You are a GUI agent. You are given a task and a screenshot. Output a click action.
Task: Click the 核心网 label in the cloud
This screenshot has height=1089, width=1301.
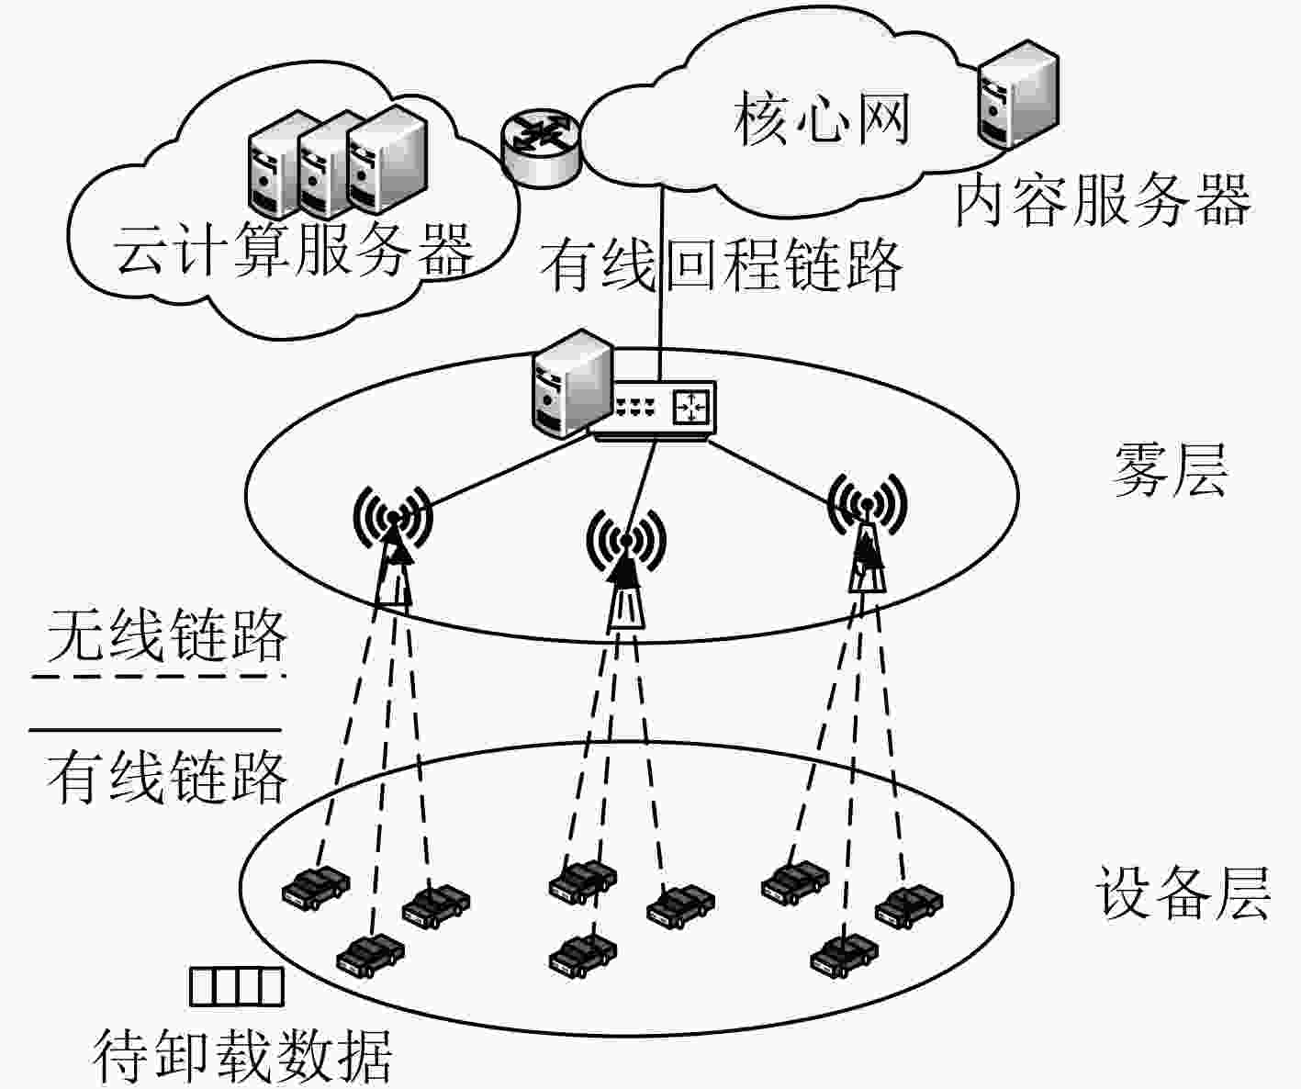[821, 119]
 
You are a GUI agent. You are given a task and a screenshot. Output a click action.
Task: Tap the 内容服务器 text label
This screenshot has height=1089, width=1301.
[1103, 201]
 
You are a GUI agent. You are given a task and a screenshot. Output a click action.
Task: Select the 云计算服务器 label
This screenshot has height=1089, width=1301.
[293, 250]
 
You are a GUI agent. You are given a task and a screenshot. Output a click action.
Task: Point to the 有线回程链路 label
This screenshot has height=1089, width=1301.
[722, 265]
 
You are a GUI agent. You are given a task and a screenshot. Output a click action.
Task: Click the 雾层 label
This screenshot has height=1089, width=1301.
[1170, 470]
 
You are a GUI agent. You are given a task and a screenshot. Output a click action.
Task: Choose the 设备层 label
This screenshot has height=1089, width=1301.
[1183, 893]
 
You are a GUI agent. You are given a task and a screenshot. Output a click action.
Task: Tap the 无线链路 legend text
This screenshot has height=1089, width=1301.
[167, 635]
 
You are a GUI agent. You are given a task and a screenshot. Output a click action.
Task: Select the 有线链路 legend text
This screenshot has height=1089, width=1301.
[167, 777]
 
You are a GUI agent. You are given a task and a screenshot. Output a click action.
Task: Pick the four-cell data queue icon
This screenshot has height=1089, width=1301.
[237, 987]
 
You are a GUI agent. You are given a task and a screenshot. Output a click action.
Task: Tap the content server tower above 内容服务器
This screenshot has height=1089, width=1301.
[1018, 94]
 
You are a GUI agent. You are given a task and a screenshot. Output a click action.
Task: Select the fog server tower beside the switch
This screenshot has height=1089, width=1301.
[572, 384]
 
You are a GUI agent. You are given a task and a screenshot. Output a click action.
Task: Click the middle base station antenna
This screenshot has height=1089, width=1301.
[626, 567]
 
